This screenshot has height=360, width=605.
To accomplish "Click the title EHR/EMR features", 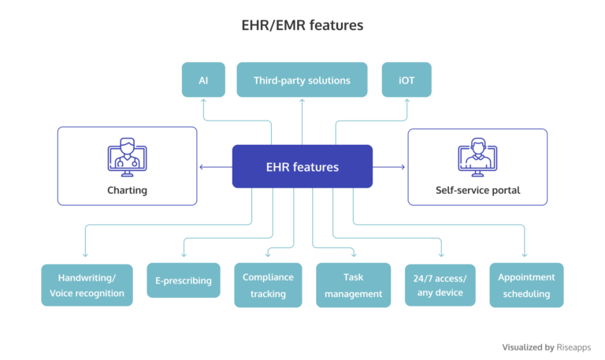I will tap(302, 25).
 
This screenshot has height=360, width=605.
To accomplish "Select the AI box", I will tap(203, 80).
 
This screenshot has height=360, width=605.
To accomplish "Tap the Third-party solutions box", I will tap(302, 80).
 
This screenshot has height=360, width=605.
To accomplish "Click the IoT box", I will tap(406, 80).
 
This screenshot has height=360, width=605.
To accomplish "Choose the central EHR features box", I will tap(302, 166).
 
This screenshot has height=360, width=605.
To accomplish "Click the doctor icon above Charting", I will tap(127, 157).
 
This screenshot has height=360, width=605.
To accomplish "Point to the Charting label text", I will tap(127, 190).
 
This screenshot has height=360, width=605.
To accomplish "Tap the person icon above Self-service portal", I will tap(477, 158).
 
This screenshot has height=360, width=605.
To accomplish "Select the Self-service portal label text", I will tap(477, 191).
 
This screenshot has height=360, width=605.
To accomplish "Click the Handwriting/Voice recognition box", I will tap(87, 285).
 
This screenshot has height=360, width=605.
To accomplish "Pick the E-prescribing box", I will tap(183, 280).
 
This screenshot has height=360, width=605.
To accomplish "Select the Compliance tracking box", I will tap(268, 285).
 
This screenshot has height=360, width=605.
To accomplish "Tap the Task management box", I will tap(353, 285).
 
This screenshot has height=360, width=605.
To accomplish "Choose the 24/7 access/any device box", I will tap(440, 285).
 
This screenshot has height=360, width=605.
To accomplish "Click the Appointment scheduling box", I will tap(526, 285).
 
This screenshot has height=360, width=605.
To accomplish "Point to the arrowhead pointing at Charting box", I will tap(202, 166).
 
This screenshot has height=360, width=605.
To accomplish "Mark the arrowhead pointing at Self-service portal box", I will tap(403, 166).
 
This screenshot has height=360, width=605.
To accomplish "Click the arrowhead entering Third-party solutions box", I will tap(302, 101).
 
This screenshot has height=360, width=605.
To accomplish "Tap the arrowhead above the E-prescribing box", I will tap(183, 255).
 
